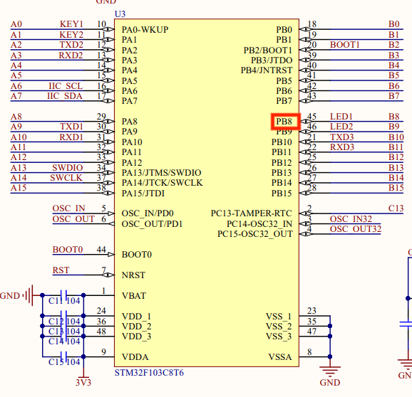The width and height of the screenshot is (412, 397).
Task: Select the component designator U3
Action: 120,14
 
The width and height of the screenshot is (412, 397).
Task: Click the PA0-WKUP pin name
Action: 145,30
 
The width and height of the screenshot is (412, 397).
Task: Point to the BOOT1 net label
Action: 345,45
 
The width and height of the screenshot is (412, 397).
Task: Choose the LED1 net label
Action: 341,117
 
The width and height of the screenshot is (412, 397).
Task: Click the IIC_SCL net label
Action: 65,86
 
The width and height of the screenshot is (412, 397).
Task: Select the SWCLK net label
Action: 66,178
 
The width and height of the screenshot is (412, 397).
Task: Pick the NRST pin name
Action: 134,275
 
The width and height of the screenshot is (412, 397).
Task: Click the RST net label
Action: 61,270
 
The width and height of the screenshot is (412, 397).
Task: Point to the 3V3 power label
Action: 83,382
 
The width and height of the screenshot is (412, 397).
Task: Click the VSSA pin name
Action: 280,357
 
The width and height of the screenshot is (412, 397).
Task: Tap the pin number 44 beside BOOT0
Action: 101,250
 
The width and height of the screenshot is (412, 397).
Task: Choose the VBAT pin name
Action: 135,295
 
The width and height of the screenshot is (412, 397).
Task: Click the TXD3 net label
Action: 342,137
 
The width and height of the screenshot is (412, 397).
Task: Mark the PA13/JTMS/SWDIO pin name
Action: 162,173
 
